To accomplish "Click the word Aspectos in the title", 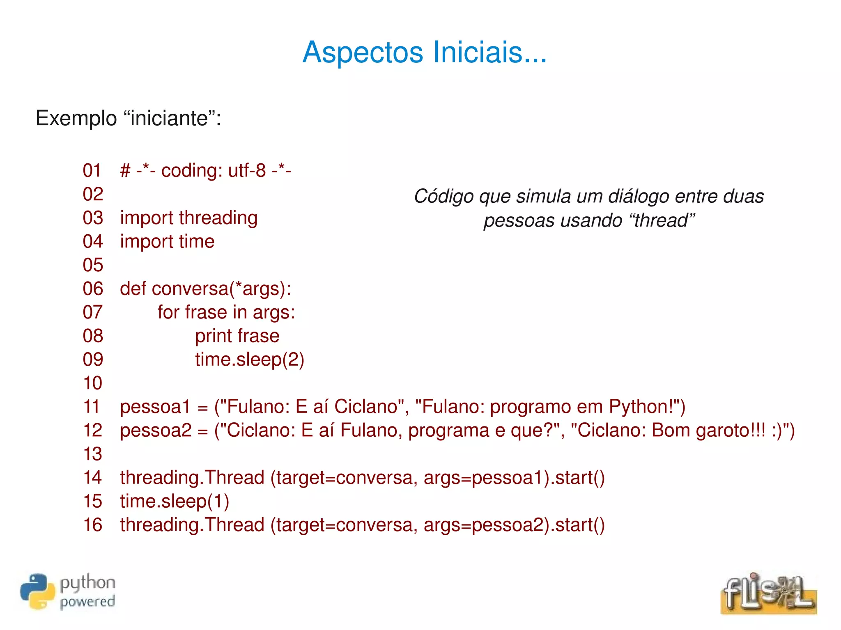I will coord(363,53).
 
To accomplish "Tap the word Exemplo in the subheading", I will coord(76,118).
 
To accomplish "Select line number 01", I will coord(92,170).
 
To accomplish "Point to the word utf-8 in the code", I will coord(247,170).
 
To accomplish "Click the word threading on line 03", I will coord(218,218).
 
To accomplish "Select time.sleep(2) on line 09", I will coord(249,360).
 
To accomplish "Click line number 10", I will coord(92,383).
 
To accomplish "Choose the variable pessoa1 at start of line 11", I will coord(155,407).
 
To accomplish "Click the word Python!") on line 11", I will coord(647,407).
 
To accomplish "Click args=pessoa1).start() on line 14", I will coord(514,478).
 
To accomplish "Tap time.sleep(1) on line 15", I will coord(175,501).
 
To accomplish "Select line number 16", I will coord(92,525).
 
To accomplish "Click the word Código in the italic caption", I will coord(443,196).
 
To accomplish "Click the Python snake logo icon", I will coord(37,591).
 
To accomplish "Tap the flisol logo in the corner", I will coord(768,593).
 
